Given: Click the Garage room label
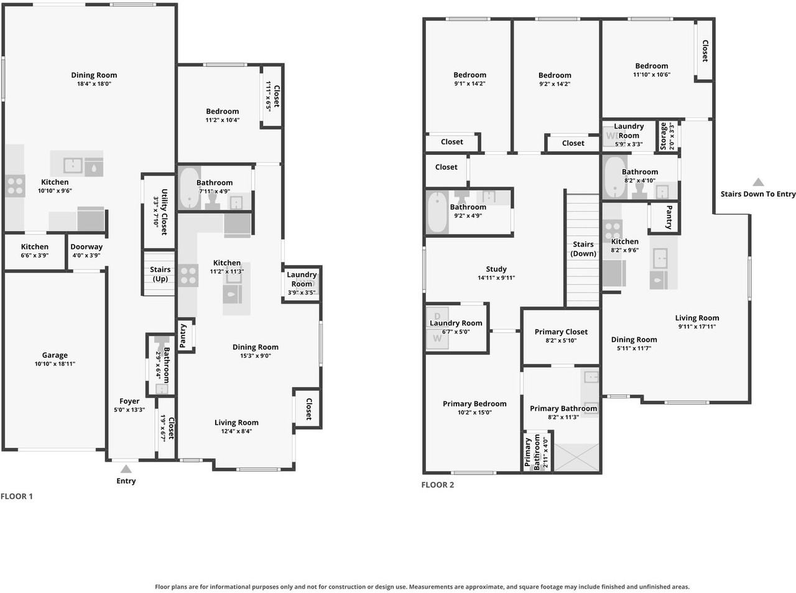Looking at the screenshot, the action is click(55, 355).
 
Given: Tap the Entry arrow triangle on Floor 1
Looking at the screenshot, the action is click(126, 469).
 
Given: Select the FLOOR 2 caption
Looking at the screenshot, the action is click(437, 485).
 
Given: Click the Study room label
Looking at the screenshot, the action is click(496, 269).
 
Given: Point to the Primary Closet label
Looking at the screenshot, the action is click(561, 332).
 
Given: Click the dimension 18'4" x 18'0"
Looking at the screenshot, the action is click(94, 83).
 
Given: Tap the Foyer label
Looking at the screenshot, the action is click(129, 401).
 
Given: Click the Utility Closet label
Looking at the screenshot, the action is click(164, 212).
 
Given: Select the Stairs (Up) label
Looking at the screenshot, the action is click(160, 274).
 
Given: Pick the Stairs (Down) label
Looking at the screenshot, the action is click(583, 248).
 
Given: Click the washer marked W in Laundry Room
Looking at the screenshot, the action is click(437, 339).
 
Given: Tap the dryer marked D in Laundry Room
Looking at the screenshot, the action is click(437, 316).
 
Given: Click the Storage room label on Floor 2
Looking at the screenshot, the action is click(663, 136).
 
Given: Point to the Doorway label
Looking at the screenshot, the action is click(86, 247).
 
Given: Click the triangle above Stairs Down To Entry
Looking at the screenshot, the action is click(758, 182).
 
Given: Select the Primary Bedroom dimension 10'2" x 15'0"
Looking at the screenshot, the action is click(474, 413).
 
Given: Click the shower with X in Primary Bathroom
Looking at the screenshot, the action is click(576, 457).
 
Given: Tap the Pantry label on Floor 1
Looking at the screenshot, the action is click(183, 335).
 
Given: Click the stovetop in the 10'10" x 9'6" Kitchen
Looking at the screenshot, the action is click(15, 185).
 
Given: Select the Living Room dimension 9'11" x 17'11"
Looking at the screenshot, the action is click(697, 327).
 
